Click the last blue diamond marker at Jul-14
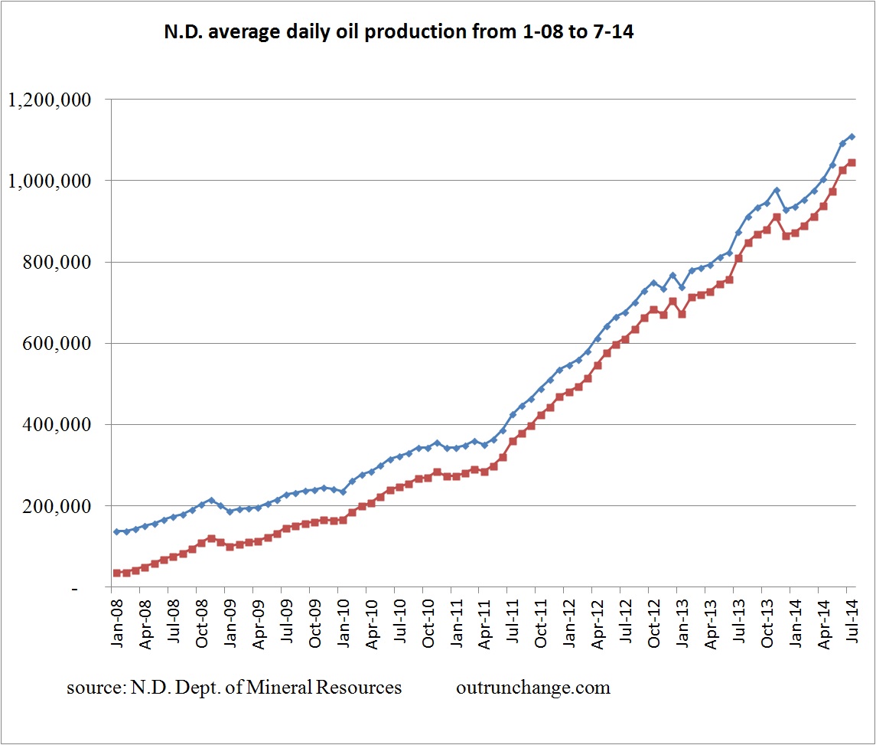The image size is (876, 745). point(851,137)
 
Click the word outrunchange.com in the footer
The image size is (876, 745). point(532,688)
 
